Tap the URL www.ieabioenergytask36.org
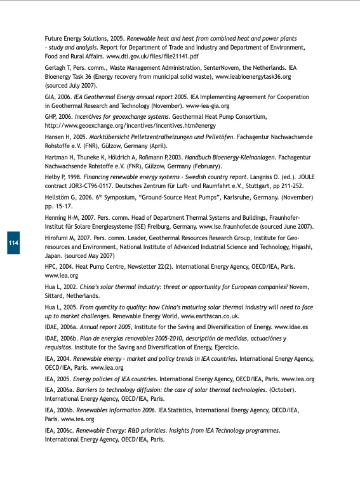(x=253, y=76)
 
